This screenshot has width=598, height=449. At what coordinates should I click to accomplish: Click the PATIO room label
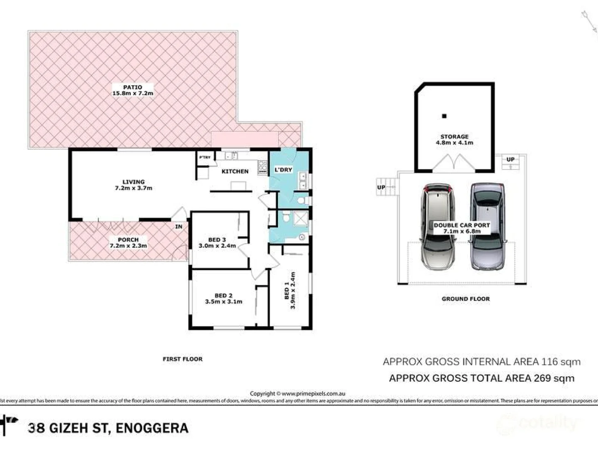point(132,87)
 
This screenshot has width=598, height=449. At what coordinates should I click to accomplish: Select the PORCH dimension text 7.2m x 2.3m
point(128,246)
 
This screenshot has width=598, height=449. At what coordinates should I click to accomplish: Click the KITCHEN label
point(235,171)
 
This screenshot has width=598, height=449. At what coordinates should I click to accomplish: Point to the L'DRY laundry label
point(284,170)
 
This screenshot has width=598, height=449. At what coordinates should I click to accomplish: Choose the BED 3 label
point(217,240)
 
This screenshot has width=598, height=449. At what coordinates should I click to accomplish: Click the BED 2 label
point(223,296)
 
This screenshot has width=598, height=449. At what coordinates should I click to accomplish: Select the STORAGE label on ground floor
point(454,136)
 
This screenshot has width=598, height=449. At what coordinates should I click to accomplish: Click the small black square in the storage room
point(444,116)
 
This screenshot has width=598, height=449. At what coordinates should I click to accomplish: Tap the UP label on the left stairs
point(381,187)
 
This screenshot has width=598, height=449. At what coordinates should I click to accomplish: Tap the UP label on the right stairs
point(510,159)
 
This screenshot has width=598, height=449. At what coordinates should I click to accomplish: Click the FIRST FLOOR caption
point(182,359)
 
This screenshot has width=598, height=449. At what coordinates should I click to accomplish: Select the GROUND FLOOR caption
point(466,299)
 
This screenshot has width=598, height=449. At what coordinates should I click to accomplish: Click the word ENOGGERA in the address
point(152,428)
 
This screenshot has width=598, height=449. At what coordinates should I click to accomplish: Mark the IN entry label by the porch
point(179,227)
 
